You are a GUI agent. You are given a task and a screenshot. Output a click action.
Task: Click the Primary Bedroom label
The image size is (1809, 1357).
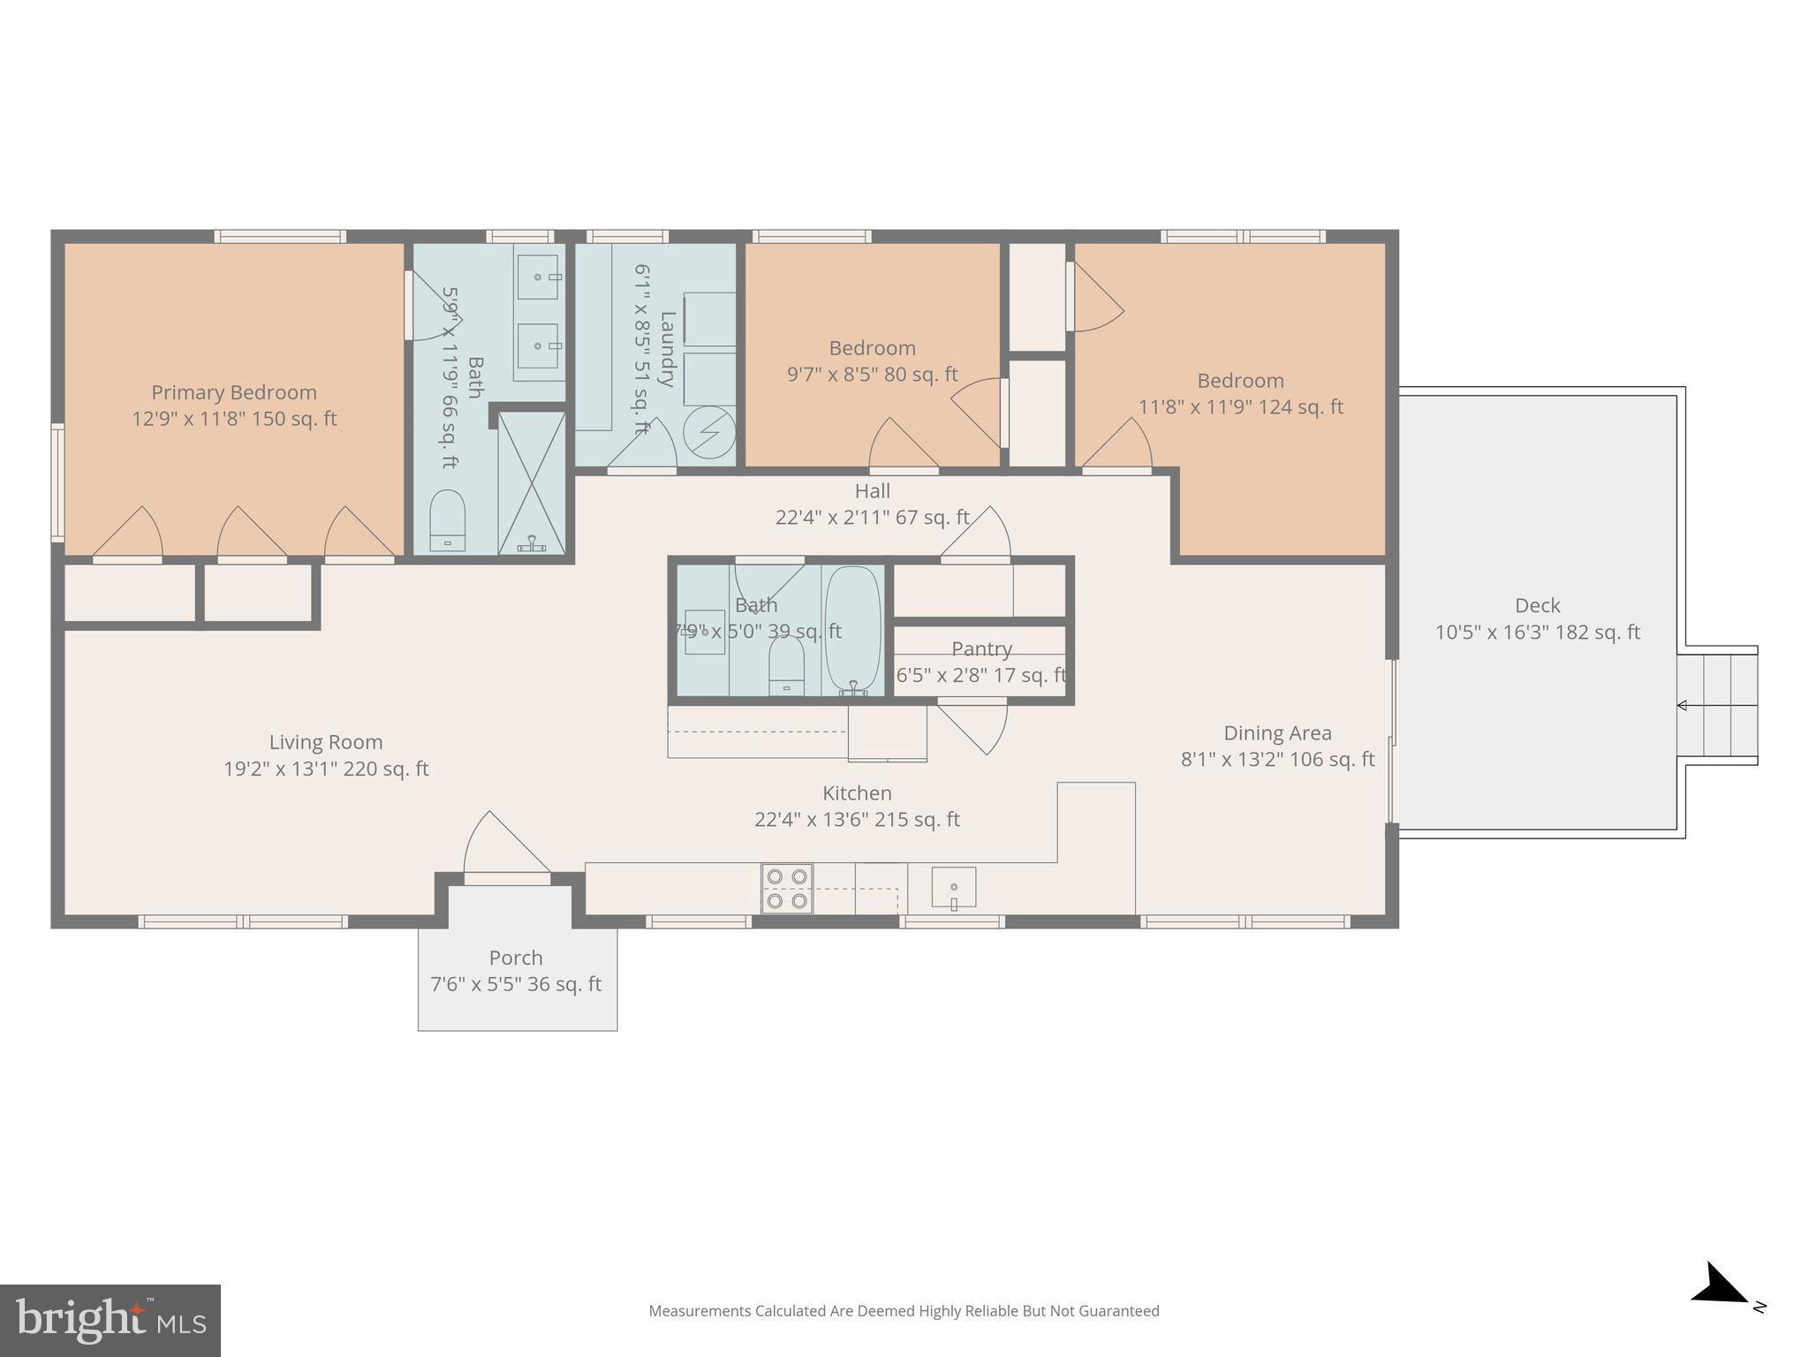(233, 392)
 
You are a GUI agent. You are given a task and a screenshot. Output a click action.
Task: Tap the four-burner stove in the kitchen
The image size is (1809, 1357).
(786, 889)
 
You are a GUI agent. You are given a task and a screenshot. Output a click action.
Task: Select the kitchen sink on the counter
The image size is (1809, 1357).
(953, 887)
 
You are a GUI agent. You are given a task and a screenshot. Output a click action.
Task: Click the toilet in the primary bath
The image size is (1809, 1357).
(447, 521)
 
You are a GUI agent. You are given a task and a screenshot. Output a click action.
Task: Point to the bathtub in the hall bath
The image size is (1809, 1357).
(852, 630)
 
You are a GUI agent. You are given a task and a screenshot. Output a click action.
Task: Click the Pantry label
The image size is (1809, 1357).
(981, 648)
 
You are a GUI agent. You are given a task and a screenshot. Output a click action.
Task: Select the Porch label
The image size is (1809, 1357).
(516, 958)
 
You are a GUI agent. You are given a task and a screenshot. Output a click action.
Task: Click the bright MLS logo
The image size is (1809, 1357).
(110, 1320)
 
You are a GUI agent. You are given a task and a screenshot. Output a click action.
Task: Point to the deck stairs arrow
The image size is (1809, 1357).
(1683, 705)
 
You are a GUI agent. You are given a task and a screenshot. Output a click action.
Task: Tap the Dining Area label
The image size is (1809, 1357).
(1277, 733)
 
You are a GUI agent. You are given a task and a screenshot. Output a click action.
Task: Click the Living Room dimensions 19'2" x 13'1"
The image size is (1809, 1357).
(325, 769)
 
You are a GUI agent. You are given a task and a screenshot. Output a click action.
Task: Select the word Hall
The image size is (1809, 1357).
(872, 491)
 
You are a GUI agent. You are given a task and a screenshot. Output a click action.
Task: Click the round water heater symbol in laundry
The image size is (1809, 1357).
(710, 431)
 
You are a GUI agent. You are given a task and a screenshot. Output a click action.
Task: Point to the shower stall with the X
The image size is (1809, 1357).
(532, 482)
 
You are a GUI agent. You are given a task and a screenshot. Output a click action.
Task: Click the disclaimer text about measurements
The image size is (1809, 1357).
(904, 1311)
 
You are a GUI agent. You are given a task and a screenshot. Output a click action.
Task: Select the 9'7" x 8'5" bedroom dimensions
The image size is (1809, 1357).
(872, 375)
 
